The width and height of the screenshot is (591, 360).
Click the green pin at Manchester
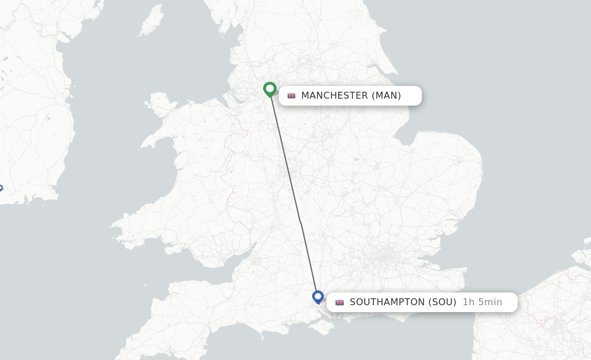(x=270, y=89)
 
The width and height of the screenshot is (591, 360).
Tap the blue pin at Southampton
(x=317, y=297)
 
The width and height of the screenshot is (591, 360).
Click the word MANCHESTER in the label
(x=334, y=96)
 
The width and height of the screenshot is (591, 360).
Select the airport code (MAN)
(x=386, y=96)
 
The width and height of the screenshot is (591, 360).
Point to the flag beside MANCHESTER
(x=291, y=96)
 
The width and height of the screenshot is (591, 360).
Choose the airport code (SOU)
(x=442, y=302)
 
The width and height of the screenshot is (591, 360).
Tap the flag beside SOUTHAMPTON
(x=339, y=302)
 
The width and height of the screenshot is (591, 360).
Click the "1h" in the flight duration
(x=469, y=302)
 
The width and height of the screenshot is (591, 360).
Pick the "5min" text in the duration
(x=489, y=302)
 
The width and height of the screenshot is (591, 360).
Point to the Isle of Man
(x=151, y=21)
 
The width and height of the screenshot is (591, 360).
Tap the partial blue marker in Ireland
(x=1, y=188)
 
